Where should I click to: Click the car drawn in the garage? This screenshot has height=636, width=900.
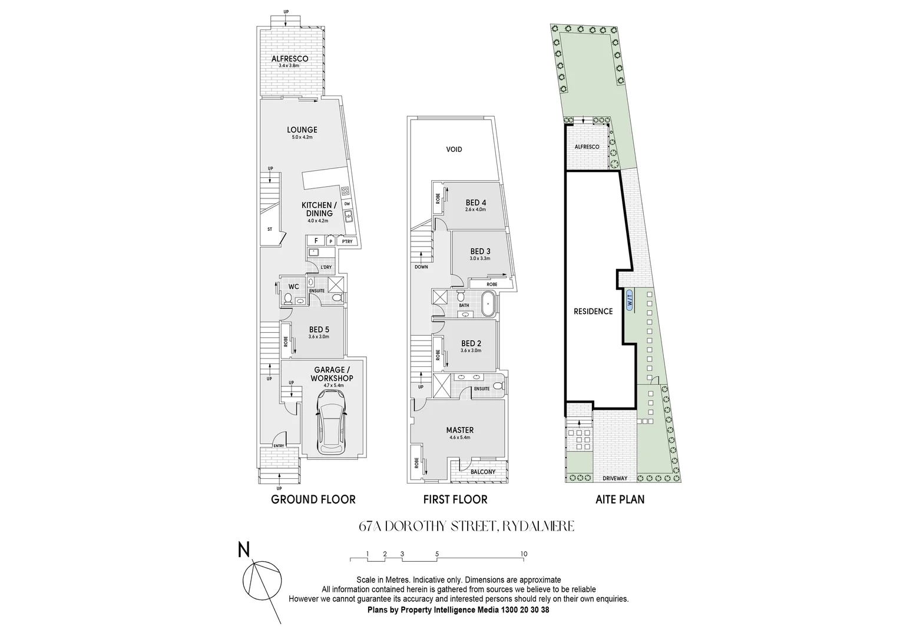coord(332,422)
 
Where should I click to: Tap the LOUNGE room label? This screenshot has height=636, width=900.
coord(302,130)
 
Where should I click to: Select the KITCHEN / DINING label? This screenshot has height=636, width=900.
coord(317,209)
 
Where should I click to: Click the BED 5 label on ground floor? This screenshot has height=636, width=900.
coord(318,330)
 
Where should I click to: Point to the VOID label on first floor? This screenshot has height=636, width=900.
coord(454,150)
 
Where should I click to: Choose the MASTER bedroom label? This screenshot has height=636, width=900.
coord(459,430)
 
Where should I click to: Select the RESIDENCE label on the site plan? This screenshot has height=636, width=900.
coord(593,312)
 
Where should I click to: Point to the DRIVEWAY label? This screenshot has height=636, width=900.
coord(614,478)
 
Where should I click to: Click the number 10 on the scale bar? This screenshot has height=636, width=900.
coord(523,554)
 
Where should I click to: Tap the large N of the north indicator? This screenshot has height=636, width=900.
coord(243,550)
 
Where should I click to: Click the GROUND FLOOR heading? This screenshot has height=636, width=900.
coord(313,500)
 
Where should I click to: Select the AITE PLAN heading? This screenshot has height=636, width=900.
coord(620,500)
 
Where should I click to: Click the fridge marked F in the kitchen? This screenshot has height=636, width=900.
coord(316,240)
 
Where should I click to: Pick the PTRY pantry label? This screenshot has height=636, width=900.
coord(347,241)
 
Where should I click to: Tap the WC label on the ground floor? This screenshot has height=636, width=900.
coord(293,287)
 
